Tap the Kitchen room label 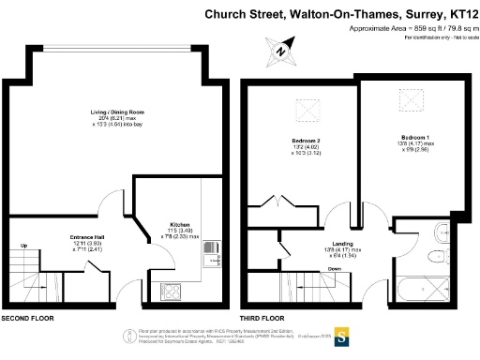(180, 225)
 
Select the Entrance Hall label (92, 237)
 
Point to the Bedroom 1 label (415, 138)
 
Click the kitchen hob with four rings (173, 288)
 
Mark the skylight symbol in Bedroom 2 (307, 112)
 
